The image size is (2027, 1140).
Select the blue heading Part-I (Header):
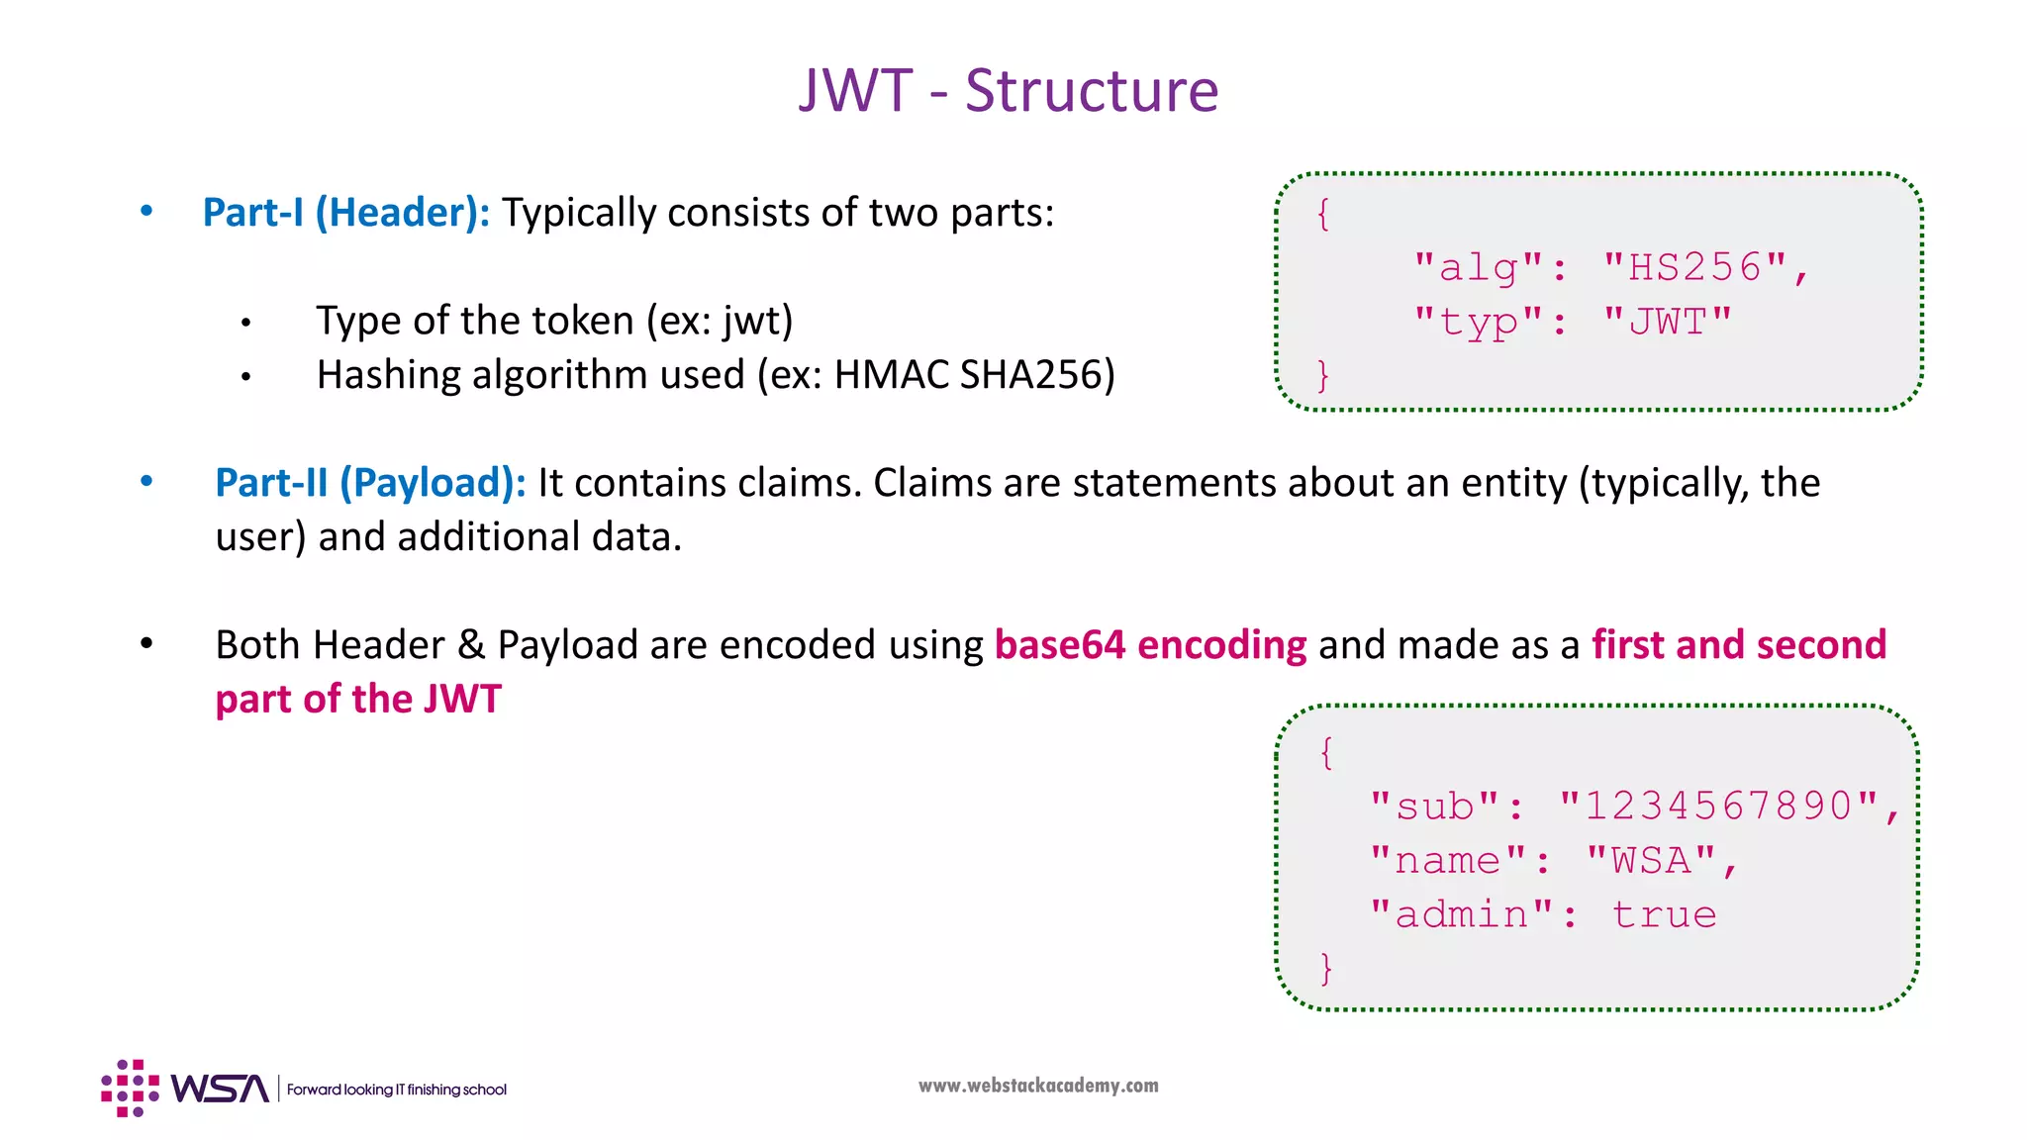pos(345,213)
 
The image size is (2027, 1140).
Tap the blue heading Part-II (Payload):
pos(370,483)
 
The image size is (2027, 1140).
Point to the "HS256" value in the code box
pos(1694,267)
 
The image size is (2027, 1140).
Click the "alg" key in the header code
pos(1479,267)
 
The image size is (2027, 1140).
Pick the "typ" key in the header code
pos(1479,322)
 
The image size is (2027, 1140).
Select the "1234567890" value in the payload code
pos(1718,806)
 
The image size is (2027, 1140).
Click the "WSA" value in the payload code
pos(1651,860)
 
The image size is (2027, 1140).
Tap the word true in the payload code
pos(1664,914)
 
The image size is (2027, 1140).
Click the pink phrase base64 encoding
pos(1150,645)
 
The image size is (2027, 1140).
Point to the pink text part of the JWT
pos(358,700)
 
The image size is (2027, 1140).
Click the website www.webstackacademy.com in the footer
pos(1038,1086)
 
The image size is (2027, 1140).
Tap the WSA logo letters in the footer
pos(219,1089)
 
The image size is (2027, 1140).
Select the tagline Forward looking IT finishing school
pos(397,1090)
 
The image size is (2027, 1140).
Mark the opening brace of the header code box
pos(1323,214)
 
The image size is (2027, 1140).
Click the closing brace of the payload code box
pos(1326,968)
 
